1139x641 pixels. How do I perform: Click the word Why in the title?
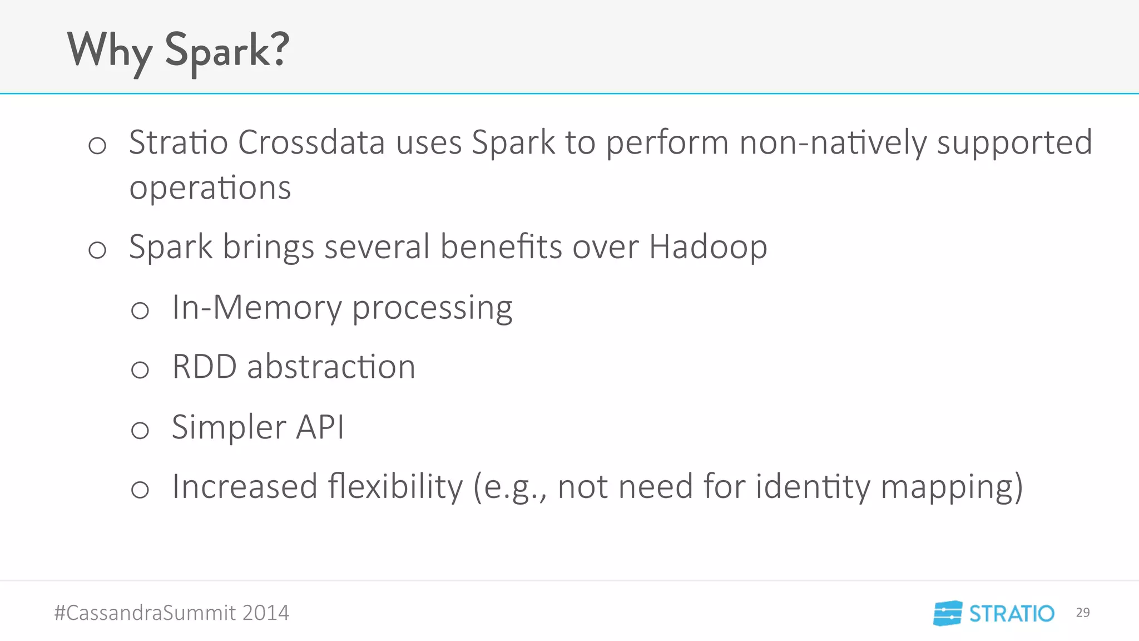click(x=110, y=51)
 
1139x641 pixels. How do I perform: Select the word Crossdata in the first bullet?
click(x=311, y=142)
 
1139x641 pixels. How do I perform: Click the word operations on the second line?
click(x=210, y=188)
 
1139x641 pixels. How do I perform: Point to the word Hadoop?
click(x=708, y=247)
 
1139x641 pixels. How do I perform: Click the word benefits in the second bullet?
click(x=501, y=247)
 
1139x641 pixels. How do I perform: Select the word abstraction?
click(x=331, y=367)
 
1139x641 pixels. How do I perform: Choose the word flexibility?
click(x=395, y=487)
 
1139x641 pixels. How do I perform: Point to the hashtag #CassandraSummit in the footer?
click(x=145, y=613)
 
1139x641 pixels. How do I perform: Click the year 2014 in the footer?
click(x=265, y=613)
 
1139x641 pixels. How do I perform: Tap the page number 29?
click(x=1082, y=613)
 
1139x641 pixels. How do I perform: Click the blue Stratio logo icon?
click(x=948, y=613)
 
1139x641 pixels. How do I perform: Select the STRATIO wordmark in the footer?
click(x=1012, y=614)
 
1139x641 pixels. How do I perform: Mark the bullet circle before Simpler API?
click(x=140, y=430)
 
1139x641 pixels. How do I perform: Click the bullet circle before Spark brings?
click(x=97, y=250)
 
